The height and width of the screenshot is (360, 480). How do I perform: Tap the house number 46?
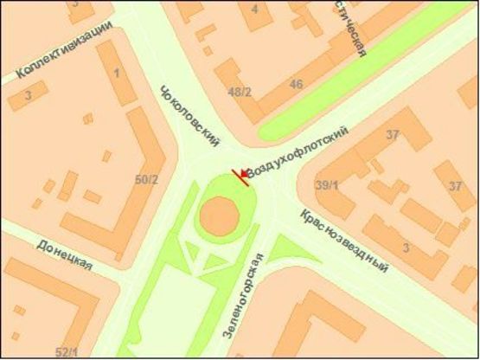(297, 84)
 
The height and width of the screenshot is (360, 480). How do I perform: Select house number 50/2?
(147, 180)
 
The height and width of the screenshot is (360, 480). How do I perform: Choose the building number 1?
(117, 72)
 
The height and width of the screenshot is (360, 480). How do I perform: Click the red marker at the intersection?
(240, 176)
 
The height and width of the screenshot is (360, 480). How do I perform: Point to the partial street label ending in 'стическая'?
(354, 30)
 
